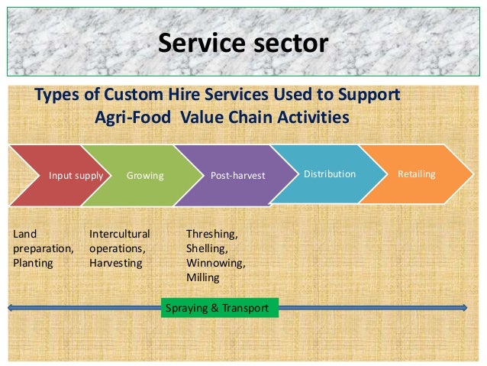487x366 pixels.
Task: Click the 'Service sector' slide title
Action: pyautogui.click(x=243, y=43)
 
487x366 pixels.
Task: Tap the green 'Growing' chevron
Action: pyautogui.click(x=145, y=175)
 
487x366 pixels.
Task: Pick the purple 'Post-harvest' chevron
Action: pyautogui.click(x=237, y=175)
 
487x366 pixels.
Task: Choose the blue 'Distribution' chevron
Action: pyautogui.click(x=328, y=174)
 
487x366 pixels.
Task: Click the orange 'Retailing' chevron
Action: pyautogui.click(x=417, y=174)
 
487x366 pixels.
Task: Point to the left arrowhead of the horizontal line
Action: pyautogui.click(x=11, y=308)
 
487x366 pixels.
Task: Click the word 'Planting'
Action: pyautogui.click(x=33, y=263)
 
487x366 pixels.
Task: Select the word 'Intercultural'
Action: pyautogui.click(x=120, y=234)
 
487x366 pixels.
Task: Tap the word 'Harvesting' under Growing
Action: pyautogui.click(x=115, y=263)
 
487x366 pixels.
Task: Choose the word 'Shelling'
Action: pyautogui.click(x=207, y=248)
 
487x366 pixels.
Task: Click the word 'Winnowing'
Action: pyautogui.click(x=215, y=263)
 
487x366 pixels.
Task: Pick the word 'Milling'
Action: pyautogui.click(x=202, y=277)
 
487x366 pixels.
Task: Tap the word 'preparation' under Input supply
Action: pyautogui.click(x=43, y=248)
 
